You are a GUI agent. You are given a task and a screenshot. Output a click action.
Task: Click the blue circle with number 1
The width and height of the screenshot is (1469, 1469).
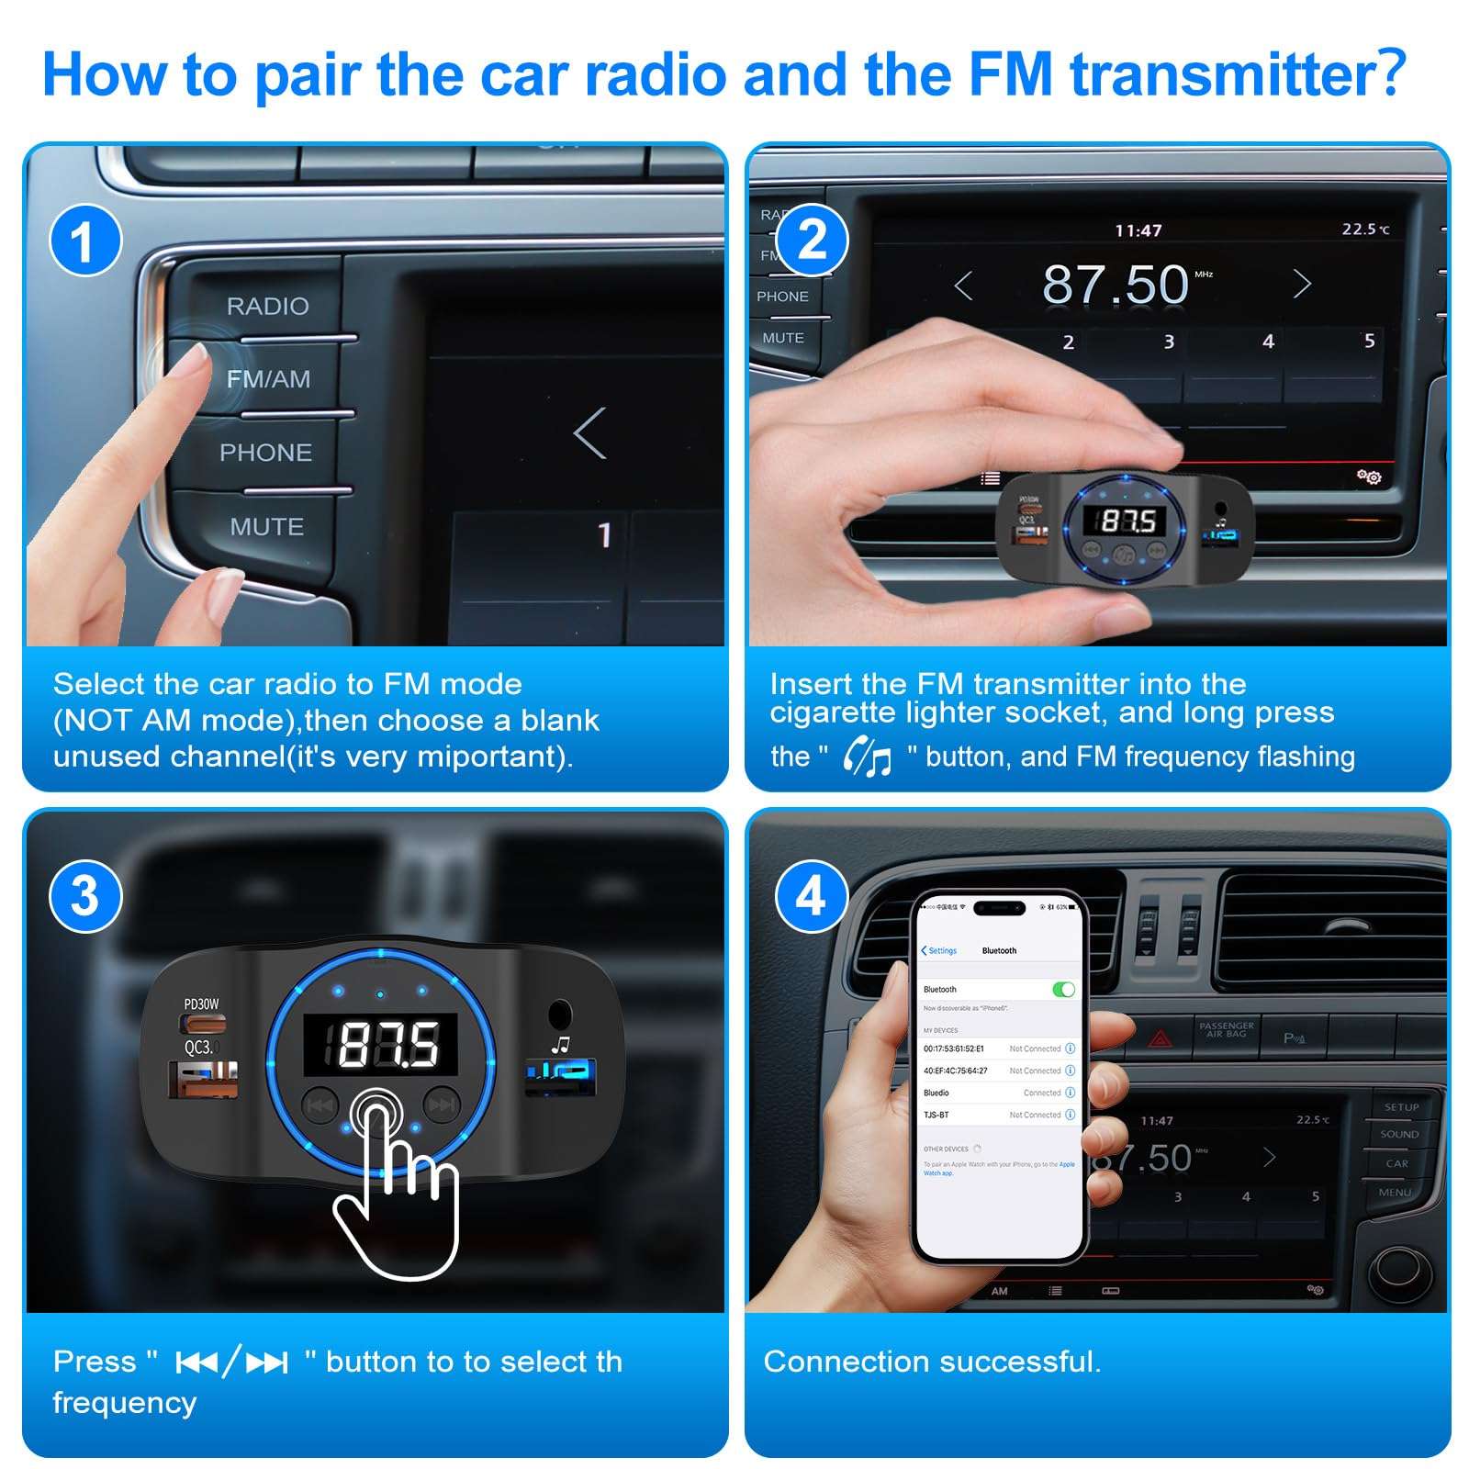click(84, 241)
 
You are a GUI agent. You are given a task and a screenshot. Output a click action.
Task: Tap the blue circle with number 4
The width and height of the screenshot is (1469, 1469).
click(811, 896)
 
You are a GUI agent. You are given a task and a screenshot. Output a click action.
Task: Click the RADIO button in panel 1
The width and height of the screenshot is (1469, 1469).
click(267, 307)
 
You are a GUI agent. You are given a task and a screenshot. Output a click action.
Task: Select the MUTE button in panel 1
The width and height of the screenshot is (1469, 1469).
click(266, 527)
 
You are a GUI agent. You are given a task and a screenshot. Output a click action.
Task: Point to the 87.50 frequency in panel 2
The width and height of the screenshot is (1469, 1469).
click(1116, 284)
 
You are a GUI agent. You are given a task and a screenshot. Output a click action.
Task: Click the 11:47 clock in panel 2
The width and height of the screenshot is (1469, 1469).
click(1138, 230)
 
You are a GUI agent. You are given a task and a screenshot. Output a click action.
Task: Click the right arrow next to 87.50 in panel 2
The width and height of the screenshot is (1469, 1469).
click(1301, 285)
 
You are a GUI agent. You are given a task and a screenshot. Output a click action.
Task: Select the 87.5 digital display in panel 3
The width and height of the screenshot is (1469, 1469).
click(381, 1045)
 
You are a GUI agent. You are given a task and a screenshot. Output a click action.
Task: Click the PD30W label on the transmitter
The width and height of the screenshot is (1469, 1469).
click(201, 1004)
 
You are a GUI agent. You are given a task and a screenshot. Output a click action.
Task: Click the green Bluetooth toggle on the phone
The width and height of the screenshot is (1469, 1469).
click(1062, 989)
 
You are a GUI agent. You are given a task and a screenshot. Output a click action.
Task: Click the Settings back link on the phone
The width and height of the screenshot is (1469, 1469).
click(939, 950)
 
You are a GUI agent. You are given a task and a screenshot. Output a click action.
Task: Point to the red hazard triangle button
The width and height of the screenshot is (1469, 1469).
click(1161, 1038)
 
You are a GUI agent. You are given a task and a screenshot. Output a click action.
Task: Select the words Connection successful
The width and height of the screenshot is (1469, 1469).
click(931, 1362)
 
